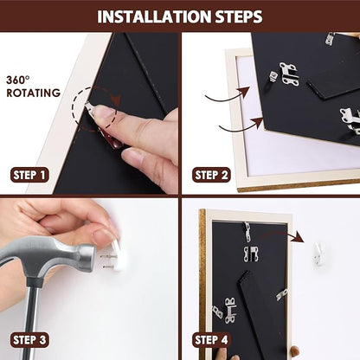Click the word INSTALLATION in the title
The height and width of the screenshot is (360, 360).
155,16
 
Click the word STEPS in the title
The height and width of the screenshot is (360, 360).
239,16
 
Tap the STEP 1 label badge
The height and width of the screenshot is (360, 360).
29,175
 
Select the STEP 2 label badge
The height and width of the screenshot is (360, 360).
211,175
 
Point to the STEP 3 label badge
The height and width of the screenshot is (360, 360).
29,340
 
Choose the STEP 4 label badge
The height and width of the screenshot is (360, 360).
211,340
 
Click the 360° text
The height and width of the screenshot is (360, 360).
18,80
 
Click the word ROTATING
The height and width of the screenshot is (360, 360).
34,93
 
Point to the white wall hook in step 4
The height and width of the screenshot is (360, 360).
318,254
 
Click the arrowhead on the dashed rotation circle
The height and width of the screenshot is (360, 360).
117,100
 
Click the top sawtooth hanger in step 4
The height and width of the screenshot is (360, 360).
247,232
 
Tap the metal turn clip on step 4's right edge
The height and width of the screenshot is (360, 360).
282,295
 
